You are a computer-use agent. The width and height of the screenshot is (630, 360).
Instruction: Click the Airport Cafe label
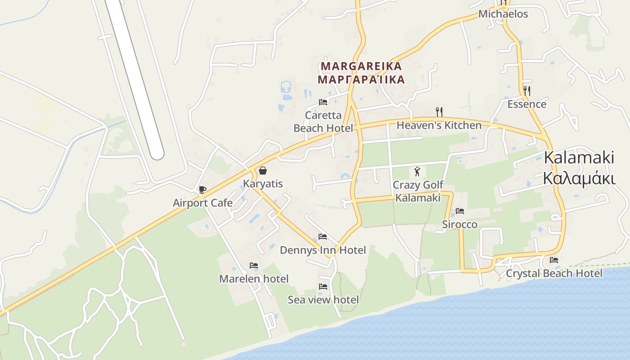(x=202, y=202)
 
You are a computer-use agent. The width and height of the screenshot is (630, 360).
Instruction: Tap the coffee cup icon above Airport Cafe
(x=202, y=189)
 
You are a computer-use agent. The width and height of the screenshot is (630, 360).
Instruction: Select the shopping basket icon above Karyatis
(x=263, y=171)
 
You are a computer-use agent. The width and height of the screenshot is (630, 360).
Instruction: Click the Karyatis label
(x=263, y=184)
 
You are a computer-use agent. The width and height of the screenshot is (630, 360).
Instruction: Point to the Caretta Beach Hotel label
(x=323, y=121)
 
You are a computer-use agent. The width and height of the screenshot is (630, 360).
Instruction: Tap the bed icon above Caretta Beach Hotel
(x=323, y=102)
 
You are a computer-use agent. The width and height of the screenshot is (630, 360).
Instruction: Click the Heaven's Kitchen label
(x=439, y=125)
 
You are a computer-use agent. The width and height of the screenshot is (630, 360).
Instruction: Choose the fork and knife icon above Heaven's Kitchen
(x=439, y=112)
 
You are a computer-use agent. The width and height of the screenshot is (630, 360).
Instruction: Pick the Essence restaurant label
(x=526, y=104)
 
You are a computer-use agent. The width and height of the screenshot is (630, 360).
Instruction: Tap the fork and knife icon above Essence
(x=526, y=91)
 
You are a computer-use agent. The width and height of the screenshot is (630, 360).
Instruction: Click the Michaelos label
(x=503, y=14)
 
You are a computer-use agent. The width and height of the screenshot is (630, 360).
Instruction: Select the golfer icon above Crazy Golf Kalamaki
(x=417, y=171)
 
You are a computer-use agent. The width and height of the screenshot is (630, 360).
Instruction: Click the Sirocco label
(x=459, y=224)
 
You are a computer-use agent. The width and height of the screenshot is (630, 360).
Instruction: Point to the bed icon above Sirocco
(x=459, y=211)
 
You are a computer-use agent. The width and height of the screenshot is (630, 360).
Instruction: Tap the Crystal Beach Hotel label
(x=554, y=273)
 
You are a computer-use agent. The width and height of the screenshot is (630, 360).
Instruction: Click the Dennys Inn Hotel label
(x=323, y=250)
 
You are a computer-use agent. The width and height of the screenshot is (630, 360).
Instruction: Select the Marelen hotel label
(x=254, y=279)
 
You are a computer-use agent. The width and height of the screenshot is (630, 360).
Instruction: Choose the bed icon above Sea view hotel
(x=323, y=286)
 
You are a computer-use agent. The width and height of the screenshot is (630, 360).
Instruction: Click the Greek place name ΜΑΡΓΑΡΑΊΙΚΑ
(x=361, y=80)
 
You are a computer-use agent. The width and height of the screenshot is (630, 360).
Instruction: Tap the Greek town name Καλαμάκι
(x=579, y=178)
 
